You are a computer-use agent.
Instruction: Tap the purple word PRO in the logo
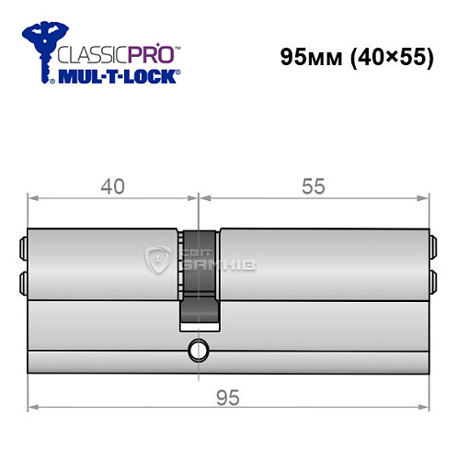pyautogui.click(x=151, y=53)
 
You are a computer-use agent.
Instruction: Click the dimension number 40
pyautogui.click(x=112, y=186)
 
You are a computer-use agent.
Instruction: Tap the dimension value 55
pyautogui.click(x=314, y=186)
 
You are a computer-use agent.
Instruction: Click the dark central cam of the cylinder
pyautogui.click(x=200, y=275)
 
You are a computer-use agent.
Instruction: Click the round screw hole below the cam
pyautogui.click(x=198, y=350)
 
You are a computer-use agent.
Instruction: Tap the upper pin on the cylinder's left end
pyautogui.click(x=22, y=247)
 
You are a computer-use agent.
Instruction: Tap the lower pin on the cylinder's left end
pyautogui.click(x=22, y=279)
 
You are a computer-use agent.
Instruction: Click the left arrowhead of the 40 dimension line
pyautogui.click(x=30, y=197)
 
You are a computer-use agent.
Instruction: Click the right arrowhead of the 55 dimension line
pyautogui.click(x=427, y=197)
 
